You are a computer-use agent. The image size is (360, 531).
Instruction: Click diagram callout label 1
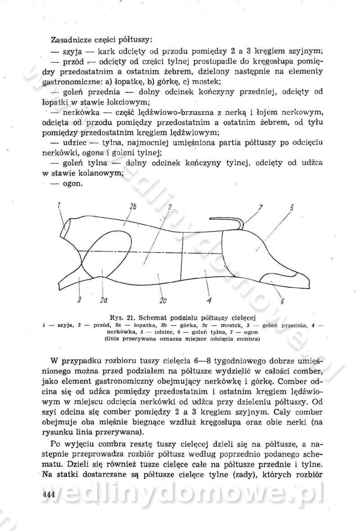coord(59,207)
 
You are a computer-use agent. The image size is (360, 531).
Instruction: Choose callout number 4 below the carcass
coord(209,300)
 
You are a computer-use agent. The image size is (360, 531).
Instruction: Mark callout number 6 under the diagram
coord(282,301)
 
